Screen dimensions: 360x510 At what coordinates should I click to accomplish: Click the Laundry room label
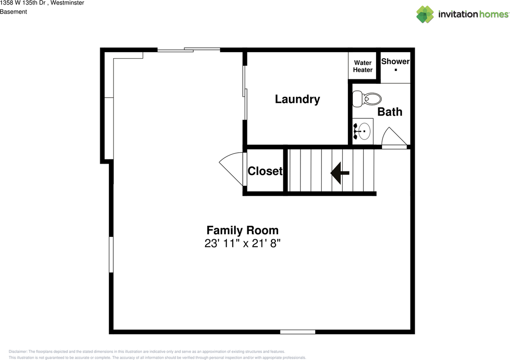[297, 99]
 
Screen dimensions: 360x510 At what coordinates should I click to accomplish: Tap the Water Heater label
[363, 66]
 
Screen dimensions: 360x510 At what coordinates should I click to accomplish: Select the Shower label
[395, 61]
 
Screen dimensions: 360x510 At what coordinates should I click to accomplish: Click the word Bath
[390, 112]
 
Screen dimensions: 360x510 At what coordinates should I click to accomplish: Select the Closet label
[265, 171]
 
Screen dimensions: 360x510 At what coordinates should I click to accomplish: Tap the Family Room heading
[242, 230]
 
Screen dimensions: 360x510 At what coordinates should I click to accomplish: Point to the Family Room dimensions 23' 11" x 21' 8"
[242, 244]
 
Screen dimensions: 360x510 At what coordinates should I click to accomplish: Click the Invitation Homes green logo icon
[425, 14]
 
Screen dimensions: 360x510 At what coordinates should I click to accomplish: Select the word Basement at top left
[14, 12]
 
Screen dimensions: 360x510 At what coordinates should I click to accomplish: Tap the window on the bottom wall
[298, 332]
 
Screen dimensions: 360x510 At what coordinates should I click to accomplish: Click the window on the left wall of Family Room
[111, 254]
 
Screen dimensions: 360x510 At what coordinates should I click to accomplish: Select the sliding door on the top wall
[188, 50]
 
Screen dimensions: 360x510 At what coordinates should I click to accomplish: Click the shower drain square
[396, 70]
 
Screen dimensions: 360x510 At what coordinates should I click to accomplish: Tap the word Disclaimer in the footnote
[18, 352]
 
